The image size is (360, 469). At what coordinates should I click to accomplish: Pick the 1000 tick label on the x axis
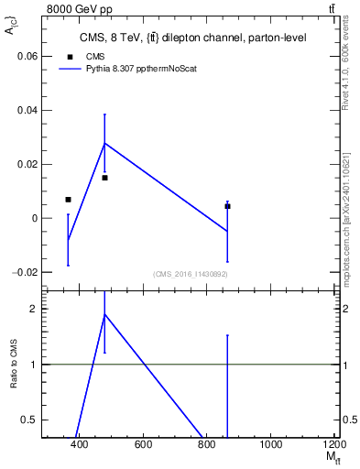[271, 444]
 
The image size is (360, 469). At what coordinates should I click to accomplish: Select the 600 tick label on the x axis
[143, 444]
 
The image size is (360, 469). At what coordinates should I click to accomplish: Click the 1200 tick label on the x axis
[333, 444]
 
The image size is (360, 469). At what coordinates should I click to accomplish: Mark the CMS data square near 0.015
[104, 178]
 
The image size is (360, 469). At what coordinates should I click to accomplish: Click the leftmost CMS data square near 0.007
[68, 200]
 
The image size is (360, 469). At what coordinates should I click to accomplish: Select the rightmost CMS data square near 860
[227, 206]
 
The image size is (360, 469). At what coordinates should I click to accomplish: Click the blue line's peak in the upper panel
[104, 143]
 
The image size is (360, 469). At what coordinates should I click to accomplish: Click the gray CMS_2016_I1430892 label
[190, 274]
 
